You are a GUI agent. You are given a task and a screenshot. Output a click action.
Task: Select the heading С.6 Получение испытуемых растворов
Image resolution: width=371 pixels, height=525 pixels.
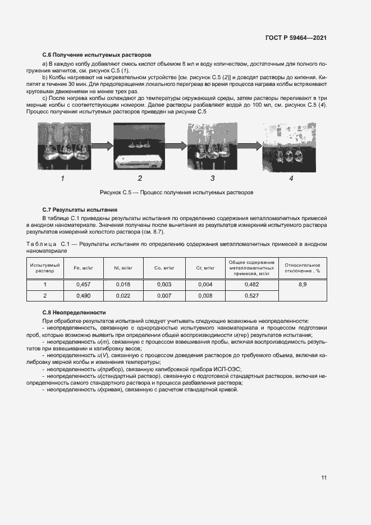tap(97, 56)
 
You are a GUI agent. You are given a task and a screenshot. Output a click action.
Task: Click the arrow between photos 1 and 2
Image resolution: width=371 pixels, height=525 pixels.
tap(100, 147)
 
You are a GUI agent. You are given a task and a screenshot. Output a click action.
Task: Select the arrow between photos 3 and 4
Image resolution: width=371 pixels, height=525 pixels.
tap(250, 147)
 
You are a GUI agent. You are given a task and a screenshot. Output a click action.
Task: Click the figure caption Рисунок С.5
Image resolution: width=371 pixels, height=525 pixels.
tap(176, 192)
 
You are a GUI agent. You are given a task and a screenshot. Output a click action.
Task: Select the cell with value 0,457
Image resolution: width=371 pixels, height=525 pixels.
tap(83, 285)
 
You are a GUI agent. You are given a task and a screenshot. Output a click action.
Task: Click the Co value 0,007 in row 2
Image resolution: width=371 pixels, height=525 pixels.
tap(163, 295)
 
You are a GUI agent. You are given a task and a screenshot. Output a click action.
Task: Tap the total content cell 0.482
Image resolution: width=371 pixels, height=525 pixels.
tap(251, 285)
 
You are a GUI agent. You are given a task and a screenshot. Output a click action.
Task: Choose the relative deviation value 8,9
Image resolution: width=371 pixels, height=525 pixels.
tap(303, 285)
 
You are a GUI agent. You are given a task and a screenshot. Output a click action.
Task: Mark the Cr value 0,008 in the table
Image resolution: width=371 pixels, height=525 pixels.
tap(205, 295)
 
